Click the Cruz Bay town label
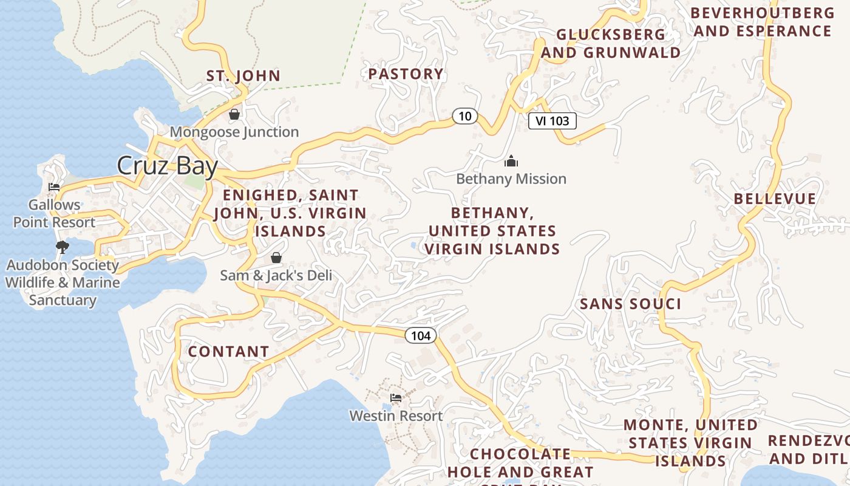[167, 165]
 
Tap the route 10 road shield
[465, 116]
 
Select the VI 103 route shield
[552, 121]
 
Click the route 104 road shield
[420, 335]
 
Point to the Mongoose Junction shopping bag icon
[234, 114]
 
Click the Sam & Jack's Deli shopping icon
[276, 258]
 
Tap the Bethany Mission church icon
[511, 161]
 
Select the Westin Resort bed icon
[396, 398]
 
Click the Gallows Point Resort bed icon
[54, 187]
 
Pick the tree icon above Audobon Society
[62, 247]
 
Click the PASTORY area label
[406, 74]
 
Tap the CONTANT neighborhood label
[228, 352]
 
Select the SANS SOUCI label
[630, 304]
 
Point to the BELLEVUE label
[775, 199]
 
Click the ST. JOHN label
[243, 76]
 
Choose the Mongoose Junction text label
[234, 132]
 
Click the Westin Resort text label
[396, 416]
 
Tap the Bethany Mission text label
[511, 179]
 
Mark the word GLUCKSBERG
[610, 35]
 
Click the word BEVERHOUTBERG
[762, 13]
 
